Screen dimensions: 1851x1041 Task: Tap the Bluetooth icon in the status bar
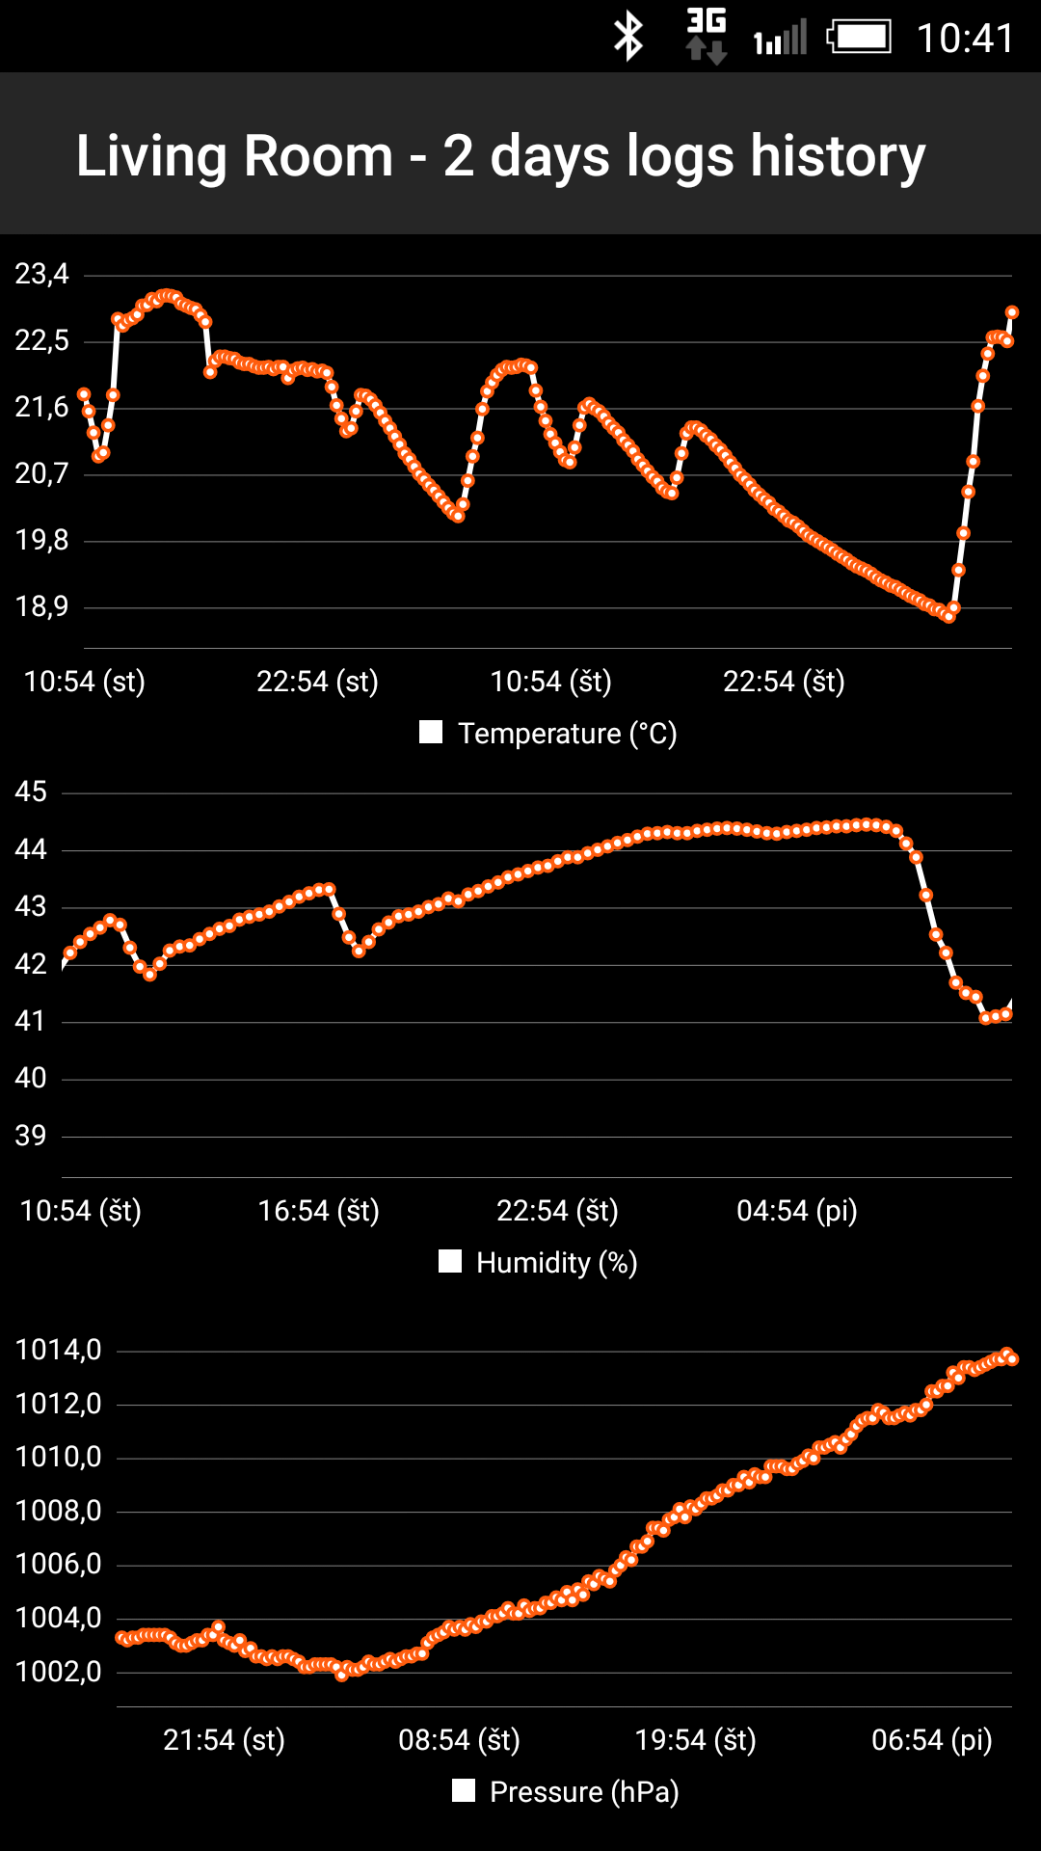(x=628, y=38)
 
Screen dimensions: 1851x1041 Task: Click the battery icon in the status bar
(x=859, y=38)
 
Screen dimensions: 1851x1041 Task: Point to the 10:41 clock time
(x=965, y=39)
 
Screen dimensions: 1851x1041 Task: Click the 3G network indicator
(x=706, y=37)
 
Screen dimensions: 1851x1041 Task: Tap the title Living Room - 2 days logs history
(x=500, y=155)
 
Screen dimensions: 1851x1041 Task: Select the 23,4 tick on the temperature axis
(x=42, y=275)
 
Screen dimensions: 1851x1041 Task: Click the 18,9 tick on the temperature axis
(x=42, y=606)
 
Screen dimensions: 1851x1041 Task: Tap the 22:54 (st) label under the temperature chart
(x=317, y=682)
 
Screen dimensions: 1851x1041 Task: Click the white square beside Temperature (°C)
(x=431, y=733)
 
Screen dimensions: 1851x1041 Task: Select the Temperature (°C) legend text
(x=567, y=734)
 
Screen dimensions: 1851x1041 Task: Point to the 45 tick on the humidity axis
(x=31, y=792)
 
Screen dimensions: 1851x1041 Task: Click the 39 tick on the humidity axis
(x=31, y=1136)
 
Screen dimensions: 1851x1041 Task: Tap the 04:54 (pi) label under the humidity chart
(x=797, y=1211)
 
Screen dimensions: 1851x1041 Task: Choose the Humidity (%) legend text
(x=556, y=1263)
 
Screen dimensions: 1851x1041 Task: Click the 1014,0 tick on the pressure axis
(x=59, y=1350)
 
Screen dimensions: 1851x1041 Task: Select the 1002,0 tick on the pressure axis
(x=59, y=1672)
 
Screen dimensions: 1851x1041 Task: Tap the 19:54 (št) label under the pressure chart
(x=695, y=1740)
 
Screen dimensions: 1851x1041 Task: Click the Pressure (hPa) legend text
(x=584, y=1792)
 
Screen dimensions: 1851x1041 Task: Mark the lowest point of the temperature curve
(x=949, y=616)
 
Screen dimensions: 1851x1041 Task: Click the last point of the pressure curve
(x=1012, y=1359)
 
